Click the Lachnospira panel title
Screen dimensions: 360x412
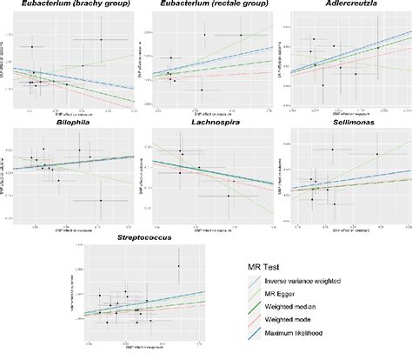click(x=207, y=125)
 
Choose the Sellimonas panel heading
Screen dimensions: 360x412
click(x=345, y=125)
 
